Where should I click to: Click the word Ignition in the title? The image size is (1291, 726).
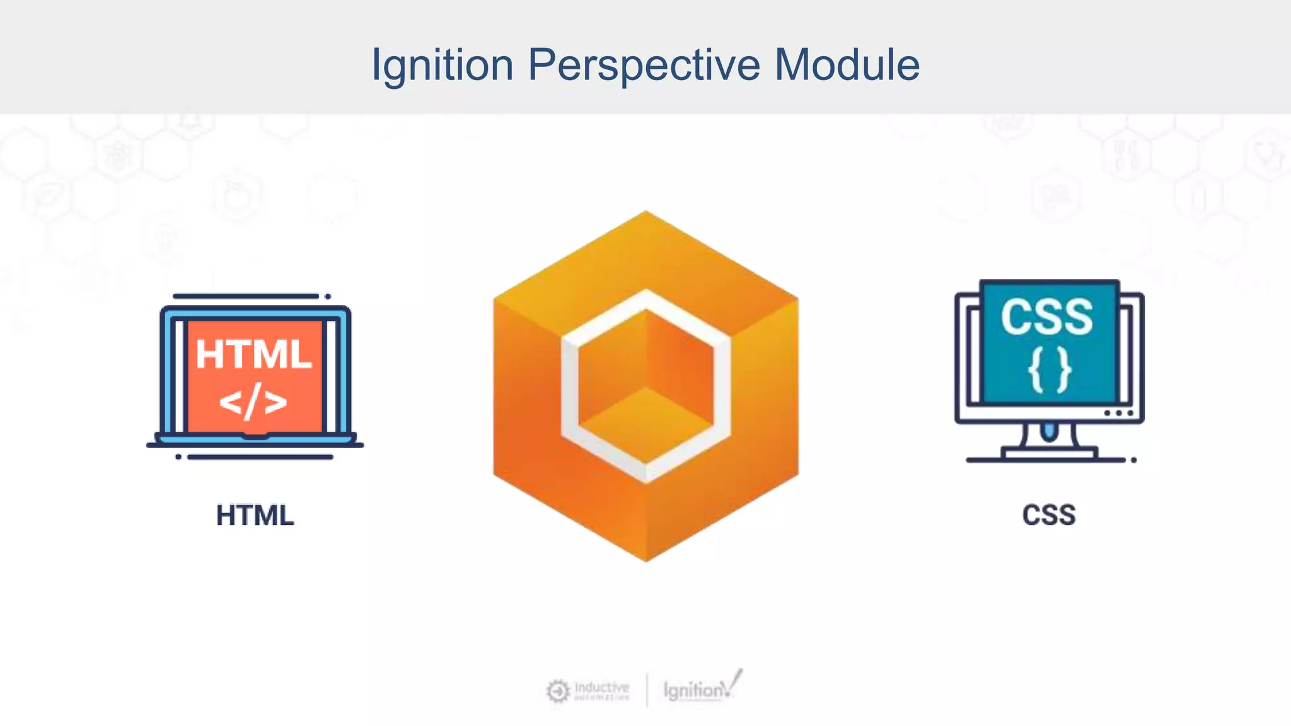tap(443, 65)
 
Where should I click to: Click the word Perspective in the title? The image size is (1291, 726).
tap(644, 65)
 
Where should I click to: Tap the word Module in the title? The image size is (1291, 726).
tap(847, 65)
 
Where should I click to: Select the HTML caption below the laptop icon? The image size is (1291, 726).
tap(255, 516)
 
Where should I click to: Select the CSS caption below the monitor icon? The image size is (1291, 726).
tap(1048, 516)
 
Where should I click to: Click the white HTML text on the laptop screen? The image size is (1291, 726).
tap(253, 354)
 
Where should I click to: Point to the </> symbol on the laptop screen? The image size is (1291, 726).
tap(253, 402)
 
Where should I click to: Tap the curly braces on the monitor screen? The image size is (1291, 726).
tap(1049, 371)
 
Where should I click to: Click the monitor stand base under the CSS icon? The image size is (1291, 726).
tap(1049, 452)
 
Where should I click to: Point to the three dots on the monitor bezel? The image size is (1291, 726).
tap(1119, 413)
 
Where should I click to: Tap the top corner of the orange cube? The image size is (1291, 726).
tap(645, 214)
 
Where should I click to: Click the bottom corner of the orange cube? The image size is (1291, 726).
tap(646, 558)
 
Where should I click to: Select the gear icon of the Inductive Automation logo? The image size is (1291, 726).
tap(558, 691)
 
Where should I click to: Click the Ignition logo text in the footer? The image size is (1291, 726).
tap(693, 691)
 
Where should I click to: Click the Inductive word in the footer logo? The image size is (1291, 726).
tap(601, 687)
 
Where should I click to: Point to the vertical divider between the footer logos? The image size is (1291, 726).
tap(647, 691)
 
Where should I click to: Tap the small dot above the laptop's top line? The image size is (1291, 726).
tap(328, 296)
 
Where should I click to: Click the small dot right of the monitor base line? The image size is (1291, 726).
tap(1133, 460)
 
